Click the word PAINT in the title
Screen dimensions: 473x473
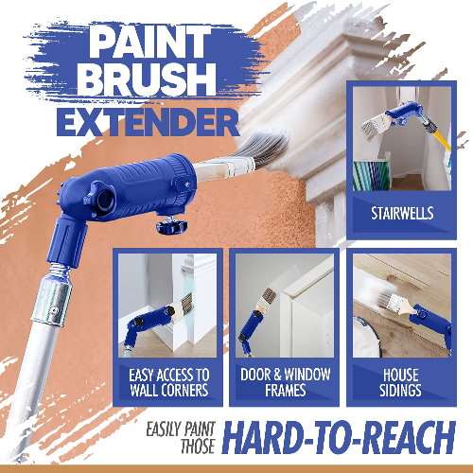(149, 42)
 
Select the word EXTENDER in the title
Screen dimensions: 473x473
(148, 123)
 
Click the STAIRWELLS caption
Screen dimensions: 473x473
(402, 213)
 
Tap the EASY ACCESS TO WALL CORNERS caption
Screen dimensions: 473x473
(169, 382)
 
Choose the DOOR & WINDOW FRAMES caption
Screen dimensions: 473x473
(285, 382)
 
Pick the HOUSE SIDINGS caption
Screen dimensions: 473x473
(400, 382)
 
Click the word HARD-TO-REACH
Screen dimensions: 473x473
(339, 437)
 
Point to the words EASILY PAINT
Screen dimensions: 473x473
(181, 429)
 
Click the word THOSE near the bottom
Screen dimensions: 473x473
(198, 447)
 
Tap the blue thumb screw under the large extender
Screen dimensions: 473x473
(172, 226)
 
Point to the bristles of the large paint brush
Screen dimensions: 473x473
(262, 148)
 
